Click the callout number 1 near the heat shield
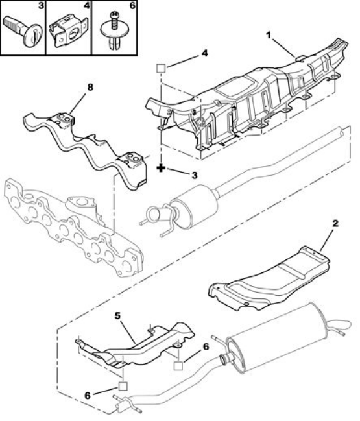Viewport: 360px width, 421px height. pos(269,35)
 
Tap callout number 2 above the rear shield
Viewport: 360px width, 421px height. pos(335,223)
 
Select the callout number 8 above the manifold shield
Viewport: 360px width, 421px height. pos(90,88)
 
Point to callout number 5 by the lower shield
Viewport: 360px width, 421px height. pos(117,316)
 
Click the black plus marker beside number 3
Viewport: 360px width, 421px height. pos(160,168)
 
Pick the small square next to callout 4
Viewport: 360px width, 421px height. pos(161,68)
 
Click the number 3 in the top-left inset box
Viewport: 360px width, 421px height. pos(41,5)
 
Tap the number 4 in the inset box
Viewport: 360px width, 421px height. pos(87,5)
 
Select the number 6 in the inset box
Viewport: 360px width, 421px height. pos(132,5)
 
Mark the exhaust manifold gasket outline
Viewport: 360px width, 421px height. pos(73,226)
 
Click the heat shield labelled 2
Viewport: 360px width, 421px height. pos(269,279)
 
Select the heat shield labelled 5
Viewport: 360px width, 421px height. pos(135,346)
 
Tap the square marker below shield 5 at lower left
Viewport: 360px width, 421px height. pos(123,386)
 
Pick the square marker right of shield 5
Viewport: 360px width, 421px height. pos(178,366)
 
